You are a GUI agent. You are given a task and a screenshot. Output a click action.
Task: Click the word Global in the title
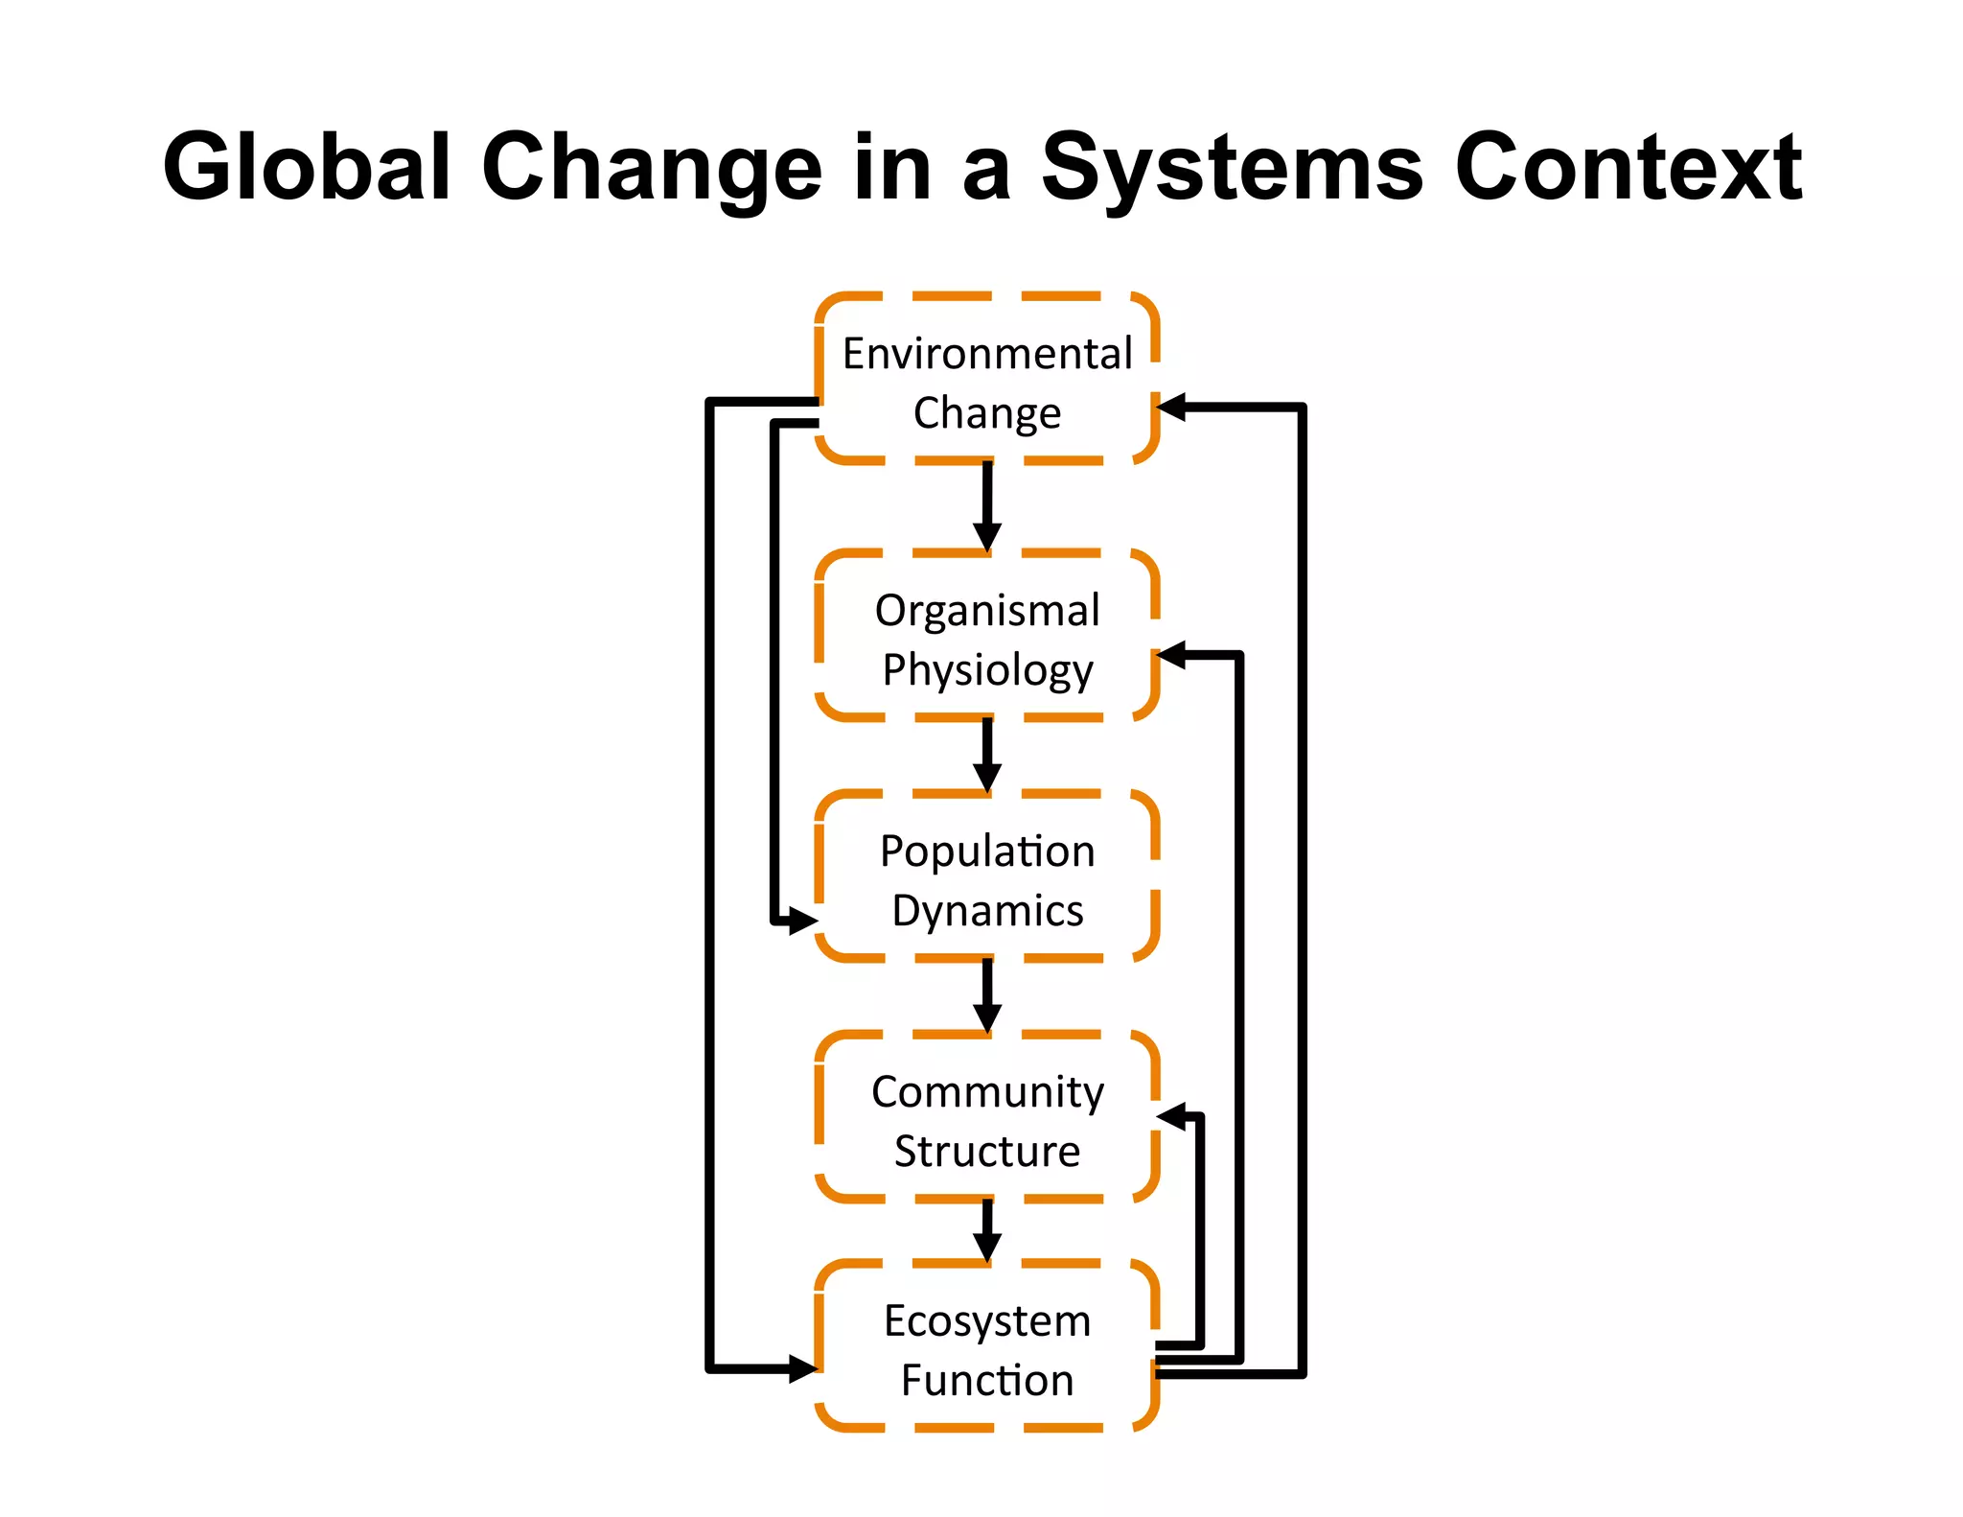[x=307, y=168]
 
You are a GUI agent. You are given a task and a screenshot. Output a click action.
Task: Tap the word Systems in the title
[x=1233, y=168]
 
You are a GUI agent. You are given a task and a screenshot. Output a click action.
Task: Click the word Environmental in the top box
[x=987, y=354]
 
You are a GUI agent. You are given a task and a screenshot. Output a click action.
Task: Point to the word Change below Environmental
[x=987, y=413]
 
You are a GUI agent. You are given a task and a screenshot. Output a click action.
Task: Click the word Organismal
[x=987, y=611]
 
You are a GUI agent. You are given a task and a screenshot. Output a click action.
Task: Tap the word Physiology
[x=987, y=669]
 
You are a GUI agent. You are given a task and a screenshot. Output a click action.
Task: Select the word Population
[x=987, y=852]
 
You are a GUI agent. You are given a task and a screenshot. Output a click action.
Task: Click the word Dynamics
[x=987, y=910]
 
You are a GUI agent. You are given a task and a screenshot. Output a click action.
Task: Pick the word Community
[x=987, y=1092]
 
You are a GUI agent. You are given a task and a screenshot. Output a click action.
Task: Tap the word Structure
[x=987, y=1151]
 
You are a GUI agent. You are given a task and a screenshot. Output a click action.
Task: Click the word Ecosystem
[x=987, y=1321]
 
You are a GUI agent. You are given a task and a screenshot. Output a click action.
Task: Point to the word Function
[x=987, y=1381]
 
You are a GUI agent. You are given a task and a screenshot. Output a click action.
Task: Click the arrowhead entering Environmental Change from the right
[x=1172, y=408]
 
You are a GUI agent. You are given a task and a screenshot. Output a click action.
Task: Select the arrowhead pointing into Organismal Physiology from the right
[x=1172, y=656]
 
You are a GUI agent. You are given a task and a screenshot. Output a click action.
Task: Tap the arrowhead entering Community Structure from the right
[x=1172, y=1116]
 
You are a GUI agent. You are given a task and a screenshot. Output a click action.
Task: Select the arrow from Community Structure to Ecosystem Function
[x=987, y=1231]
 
